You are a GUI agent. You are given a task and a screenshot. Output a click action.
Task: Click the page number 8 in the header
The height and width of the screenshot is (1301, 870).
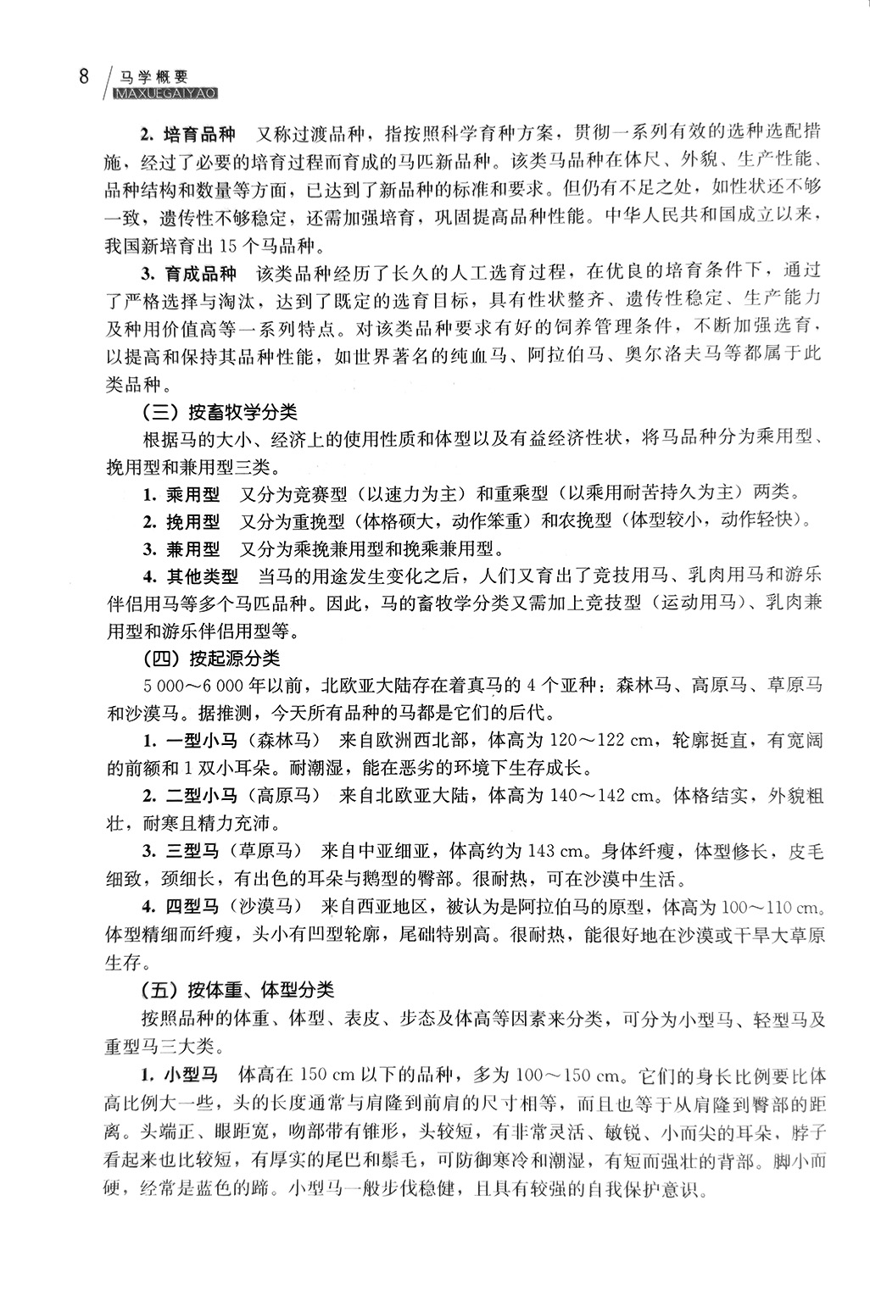[x=83, y=77]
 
